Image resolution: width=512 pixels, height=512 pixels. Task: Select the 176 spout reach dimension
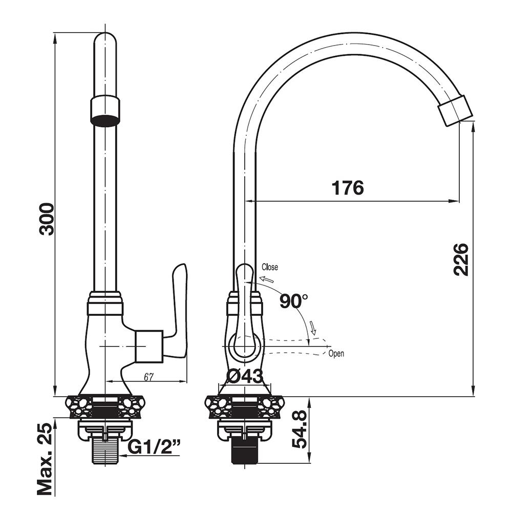(348, 188)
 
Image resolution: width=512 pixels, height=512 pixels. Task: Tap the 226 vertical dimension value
(461, 260)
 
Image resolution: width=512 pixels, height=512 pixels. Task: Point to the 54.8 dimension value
(299, 429)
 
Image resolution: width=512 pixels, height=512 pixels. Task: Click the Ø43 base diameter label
(245, 376)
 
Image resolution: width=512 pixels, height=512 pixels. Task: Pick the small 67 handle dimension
(148, 377)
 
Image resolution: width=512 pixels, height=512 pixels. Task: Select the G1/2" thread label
(154, 447)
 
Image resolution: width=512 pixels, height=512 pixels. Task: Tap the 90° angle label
(293, 301)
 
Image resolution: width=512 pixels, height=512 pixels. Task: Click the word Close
(270, 267)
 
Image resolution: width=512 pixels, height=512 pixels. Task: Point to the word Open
(336, 354)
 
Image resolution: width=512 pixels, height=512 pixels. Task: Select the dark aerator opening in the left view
(104, 120)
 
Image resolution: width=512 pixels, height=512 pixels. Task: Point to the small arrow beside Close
(267, 279)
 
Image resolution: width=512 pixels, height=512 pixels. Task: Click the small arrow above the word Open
(313, 328)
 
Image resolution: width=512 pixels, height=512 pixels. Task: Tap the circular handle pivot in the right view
(245, 346)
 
